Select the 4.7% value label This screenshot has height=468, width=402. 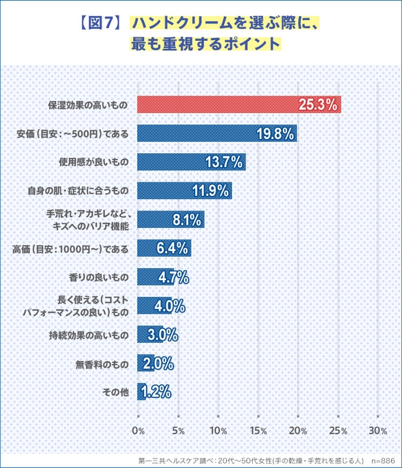173,277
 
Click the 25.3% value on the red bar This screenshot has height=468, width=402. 317,105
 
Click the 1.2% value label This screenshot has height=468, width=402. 155,392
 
